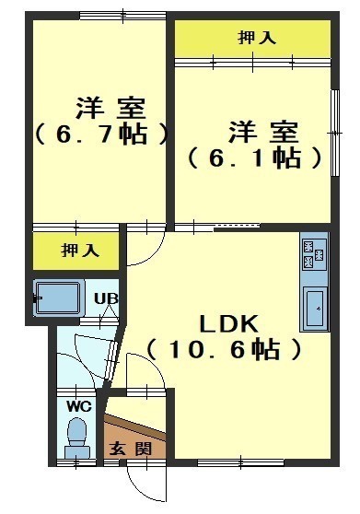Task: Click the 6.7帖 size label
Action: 101,134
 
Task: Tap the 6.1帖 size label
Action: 254,158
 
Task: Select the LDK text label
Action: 229,324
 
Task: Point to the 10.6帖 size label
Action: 224,349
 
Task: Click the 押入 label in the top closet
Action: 257,38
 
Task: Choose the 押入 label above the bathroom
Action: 80,251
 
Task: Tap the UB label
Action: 106,298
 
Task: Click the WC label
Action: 79,407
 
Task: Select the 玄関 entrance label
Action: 131,449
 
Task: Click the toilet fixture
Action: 77,438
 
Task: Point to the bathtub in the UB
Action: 58,298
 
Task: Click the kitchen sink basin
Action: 315,308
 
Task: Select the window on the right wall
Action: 335,133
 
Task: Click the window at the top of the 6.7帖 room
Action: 122,16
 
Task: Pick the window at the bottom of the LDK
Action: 240,462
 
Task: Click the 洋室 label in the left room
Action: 110,108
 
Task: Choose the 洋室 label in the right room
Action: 263,132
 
